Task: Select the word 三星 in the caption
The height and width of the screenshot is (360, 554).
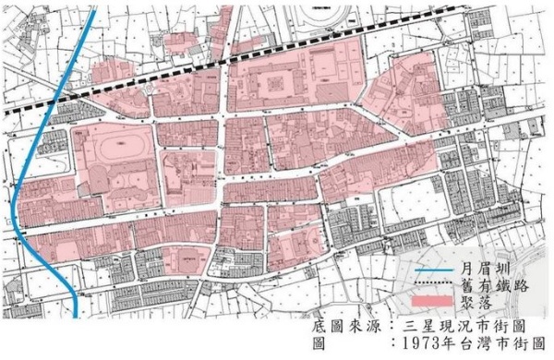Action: click(416, 327)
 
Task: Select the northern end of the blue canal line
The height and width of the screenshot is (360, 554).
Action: click(90, 3)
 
